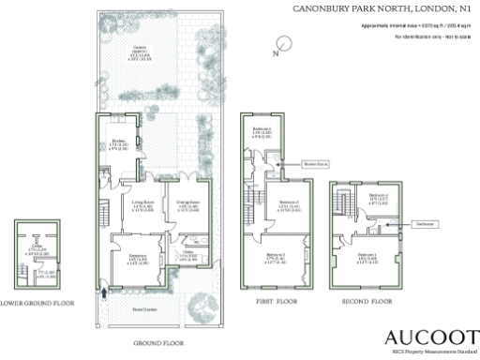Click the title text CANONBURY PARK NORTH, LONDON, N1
coord(382,8)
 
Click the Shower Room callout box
coord(313,161)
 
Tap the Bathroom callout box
coord(423,225)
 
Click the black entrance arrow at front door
coord(103,291)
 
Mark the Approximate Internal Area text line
coord(416,25)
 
